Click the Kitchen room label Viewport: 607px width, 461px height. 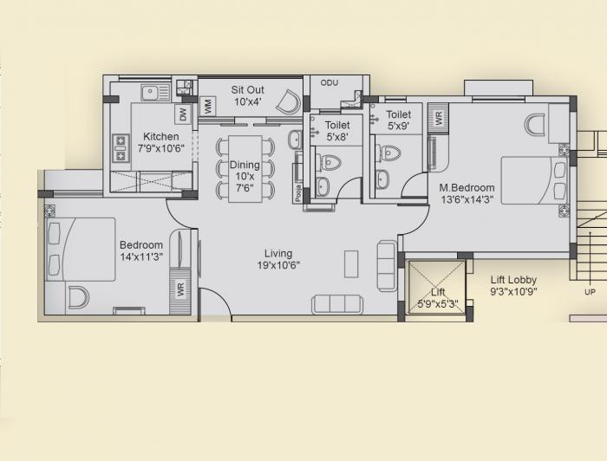tap(161, 142)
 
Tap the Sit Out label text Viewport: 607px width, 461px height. tap(247, 95)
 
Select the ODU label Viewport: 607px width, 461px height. tap(329, 83)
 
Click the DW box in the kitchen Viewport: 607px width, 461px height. tap(183, 114)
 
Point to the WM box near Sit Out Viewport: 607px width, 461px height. tap(208, 107)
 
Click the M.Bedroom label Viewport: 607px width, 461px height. tap(467, 193)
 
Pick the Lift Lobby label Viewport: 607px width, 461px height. tap(513, 286)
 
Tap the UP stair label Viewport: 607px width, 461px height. tap(591, 292)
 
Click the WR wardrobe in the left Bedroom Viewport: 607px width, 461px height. tap(181, 289)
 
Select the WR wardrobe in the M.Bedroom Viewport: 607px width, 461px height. tap(439, 117)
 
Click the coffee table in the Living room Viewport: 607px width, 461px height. tap(351, 263)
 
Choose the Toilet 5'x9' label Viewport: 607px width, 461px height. tap(398, 120)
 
